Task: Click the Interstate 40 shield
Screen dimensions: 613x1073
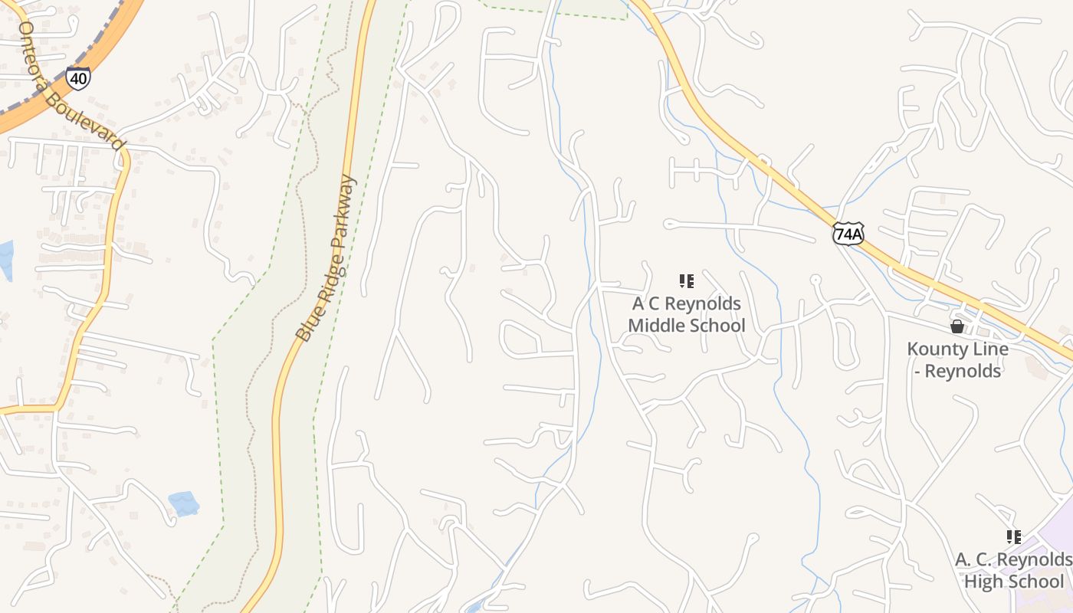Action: [77, 77]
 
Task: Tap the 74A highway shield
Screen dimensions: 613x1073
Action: [848, 234]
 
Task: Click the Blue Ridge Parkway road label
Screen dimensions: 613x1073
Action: [326, 259]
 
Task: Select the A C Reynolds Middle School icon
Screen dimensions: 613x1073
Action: [687, 281]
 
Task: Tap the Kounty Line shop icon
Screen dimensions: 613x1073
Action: [957, 326]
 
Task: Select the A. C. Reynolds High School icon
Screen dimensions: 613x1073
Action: [1014, 537]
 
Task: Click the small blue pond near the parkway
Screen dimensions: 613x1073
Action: [184, 503]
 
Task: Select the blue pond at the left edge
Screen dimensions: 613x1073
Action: [5, 260]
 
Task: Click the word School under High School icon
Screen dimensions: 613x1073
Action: [1035, 582]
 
